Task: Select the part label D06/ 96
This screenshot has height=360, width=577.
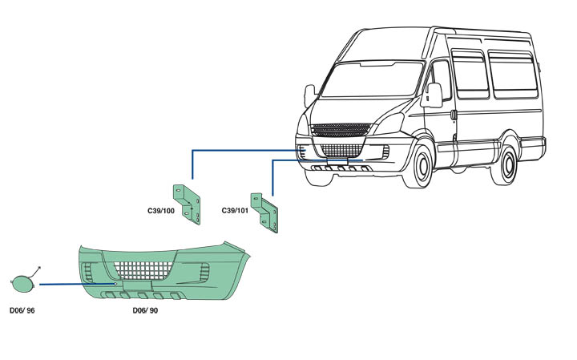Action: [x=23, y=309]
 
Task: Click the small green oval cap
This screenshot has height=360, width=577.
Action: [x=21, y=284]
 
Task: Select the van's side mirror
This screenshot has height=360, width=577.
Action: [x=434, y=95]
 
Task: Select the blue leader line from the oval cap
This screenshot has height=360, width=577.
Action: [x=76, y=284]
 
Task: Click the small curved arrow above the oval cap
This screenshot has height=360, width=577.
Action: [x=36, y=270]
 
